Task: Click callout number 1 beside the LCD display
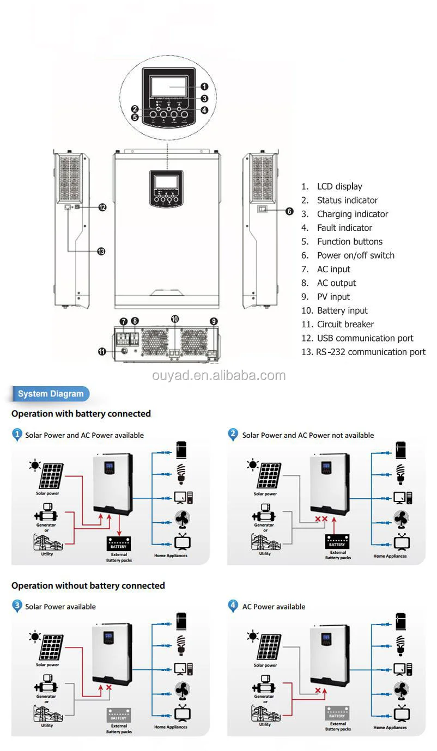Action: (x=204, y=86)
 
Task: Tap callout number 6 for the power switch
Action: (x=289, y=211)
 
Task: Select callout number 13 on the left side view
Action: (x=101, y=251)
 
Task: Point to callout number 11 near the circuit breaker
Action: (x=102, y=351)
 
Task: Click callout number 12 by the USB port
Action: (x=102, y=207)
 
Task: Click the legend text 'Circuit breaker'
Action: (x=345, y=324)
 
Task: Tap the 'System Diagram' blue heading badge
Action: (x=51, y=394)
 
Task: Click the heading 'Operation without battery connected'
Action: (x=88, y=585)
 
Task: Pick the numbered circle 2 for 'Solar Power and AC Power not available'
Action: (x=233, y=434)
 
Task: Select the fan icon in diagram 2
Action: (x=401, y=519)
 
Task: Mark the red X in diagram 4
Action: (x=318, y=690)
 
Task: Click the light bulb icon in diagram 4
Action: (x=401, y=644)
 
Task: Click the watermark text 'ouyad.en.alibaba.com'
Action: (x=218, y=376)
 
